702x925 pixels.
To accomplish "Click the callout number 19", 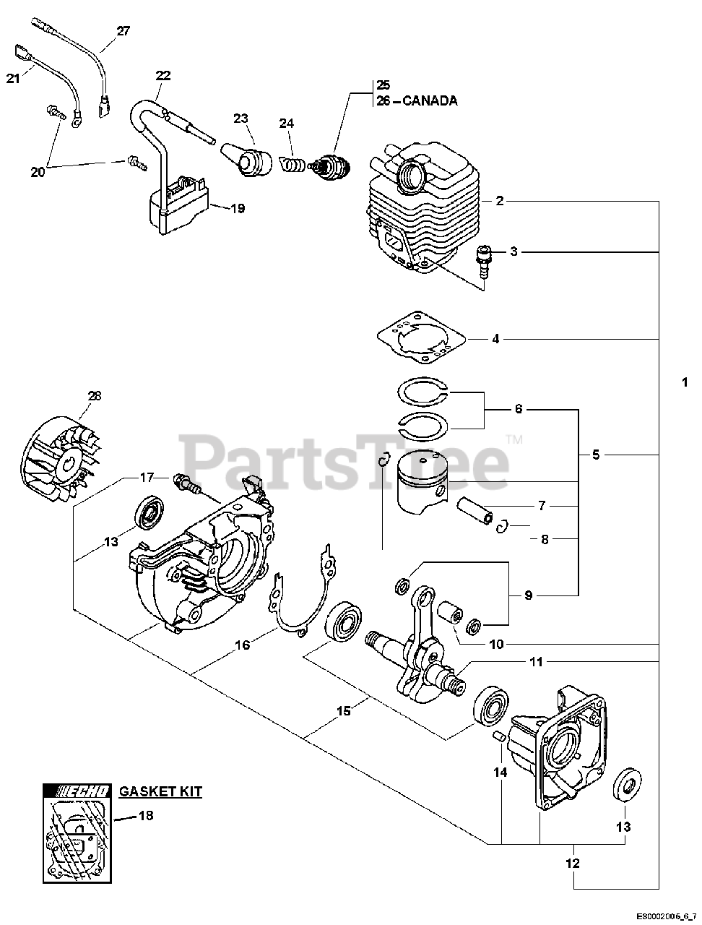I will click(238, 209).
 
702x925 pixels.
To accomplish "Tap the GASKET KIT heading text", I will click(160, 791).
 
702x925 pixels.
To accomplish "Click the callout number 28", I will click(95, 395).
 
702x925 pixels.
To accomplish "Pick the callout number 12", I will click(573, 863).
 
